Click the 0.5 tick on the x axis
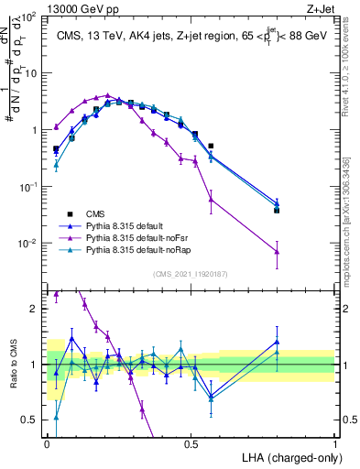point(191,443)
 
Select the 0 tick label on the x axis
point(47,443)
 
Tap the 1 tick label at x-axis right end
point(335,443)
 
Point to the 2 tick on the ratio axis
point(37,309)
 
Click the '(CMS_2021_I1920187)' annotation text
point(191,273)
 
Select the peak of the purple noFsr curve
point(108,95)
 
